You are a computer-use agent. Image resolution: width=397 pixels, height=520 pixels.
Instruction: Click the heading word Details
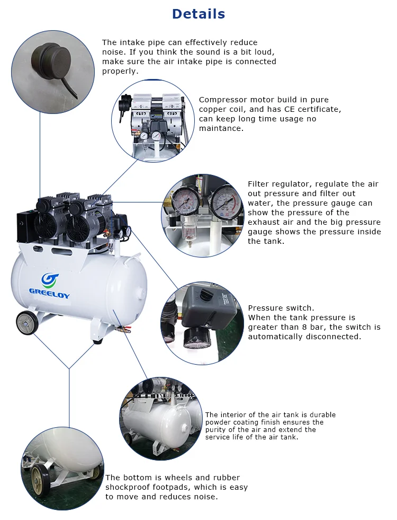[198, 14]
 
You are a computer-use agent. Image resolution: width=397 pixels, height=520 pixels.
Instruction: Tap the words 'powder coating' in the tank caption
[231, 422]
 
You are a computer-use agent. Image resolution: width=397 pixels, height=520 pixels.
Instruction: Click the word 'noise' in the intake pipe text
[113, 52]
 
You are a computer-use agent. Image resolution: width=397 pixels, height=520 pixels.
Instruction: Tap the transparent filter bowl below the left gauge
[186, 226]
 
